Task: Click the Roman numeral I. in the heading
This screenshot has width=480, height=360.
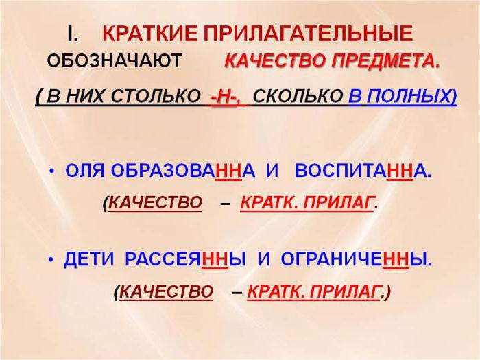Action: [72, 34]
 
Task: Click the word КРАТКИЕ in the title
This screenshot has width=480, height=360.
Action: [150, 34]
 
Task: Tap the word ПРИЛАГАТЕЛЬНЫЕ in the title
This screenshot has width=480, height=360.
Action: [308, 34]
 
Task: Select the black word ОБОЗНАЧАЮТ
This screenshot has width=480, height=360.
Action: [115, 60]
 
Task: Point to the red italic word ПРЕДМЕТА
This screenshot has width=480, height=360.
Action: [385, 61]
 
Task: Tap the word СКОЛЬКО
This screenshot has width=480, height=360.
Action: [298, 96]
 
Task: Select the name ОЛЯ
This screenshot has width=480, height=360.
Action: [85, 171]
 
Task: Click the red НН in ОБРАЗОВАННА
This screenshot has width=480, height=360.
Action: [228, 171]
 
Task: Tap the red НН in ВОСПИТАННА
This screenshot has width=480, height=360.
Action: [400, 171]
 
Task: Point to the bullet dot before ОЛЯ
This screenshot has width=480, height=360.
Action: [51, 171]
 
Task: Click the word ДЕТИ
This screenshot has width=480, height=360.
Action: [88, 259]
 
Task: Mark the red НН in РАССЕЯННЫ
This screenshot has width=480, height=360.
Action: [215, 259]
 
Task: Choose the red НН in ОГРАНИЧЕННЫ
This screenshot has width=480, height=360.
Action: [396, 259]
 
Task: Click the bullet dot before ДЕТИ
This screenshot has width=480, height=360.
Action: [51, 260]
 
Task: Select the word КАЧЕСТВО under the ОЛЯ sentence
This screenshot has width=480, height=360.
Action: [155, 203]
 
